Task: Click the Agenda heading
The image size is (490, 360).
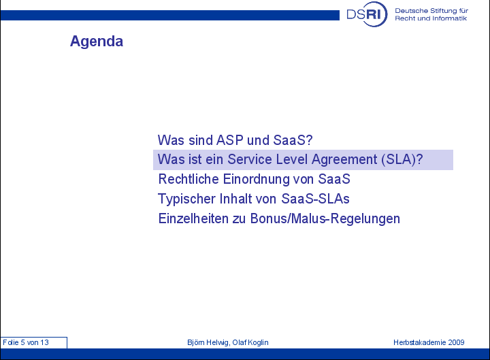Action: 97,42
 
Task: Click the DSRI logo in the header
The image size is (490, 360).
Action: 367,14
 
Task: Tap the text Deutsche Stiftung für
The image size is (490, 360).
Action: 431,11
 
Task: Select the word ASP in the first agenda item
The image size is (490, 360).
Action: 230,140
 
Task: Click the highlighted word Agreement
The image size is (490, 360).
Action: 344,159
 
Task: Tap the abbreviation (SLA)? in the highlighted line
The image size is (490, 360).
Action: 402,159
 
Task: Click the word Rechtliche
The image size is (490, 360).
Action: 189,179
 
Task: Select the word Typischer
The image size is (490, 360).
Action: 186,199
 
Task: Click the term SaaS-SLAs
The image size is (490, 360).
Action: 315,199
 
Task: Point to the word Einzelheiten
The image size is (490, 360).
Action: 193,218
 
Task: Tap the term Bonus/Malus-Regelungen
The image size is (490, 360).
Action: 325,218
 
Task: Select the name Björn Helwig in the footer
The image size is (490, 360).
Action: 208,342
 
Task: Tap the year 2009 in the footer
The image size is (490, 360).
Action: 456,342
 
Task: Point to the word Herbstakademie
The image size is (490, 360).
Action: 420,342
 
